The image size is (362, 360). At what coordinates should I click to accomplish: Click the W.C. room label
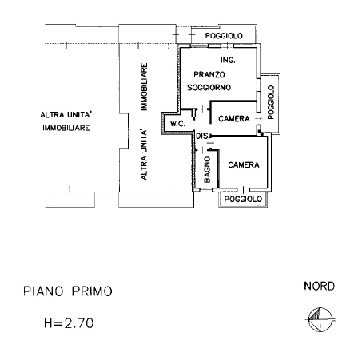point(177,124)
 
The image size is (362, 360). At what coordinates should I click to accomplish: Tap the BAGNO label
point(207,169)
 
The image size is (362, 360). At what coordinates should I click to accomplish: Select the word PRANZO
point(209,74)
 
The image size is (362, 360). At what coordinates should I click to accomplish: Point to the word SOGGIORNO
point(209,87)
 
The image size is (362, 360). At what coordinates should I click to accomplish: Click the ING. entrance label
point(228,60)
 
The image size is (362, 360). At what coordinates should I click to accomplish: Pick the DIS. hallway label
point(203,136)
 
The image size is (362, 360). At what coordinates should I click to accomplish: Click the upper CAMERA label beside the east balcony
point(234,118)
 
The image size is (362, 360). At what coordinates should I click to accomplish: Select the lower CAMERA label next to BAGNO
point(244,165)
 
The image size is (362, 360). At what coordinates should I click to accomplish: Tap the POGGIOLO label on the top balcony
point(224,36)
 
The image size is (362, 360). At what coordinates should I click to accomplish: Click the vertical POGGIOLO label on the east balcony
point(271,102)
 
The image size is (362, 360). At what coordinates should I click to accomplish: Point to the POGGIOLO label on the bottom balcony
point(243,199)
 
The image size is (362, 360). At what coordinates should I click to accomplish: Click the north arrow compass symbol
point(320,319)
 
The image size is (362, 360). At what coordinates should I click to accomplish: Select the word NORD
point(319,286)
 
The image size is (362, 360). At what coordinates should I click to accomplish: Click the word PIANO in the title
point(43,291)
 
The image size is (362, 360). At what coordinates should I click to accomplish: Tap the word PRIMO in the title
point(92,291)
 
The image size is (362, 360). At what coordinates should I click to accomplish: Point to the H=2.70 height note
point(69,323)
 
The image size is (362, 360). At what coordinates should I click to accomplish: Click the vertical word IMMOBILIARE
point(144,87)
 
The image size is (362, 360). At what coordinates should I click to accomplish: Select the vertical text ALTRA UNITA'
point(144,154)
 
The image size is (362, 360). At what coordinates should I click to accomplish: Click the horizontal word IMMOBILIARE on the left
point(66,128)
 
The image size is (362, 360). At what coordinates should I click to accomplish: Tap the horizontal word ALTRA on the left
point(52,115)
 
